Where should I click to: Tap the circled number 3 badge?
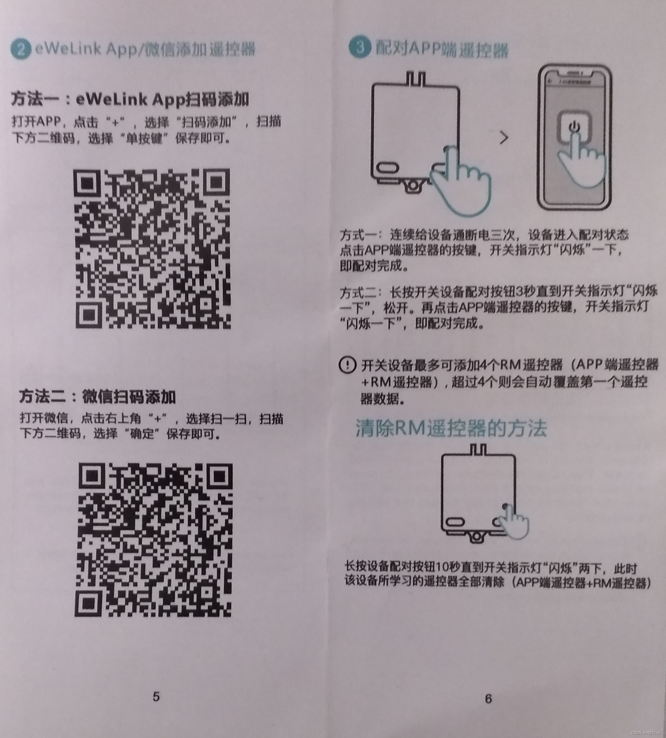pos(360,47)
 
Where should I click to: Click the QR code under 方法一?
pos(152,249)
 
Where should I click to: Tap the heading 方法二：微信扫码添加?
pos(98,396)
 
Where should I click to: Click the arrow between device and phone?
pos(504,138)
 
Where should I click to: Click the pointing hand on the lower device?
pos(513,521)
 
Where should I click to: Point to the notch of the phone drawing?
pos(574,73)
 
